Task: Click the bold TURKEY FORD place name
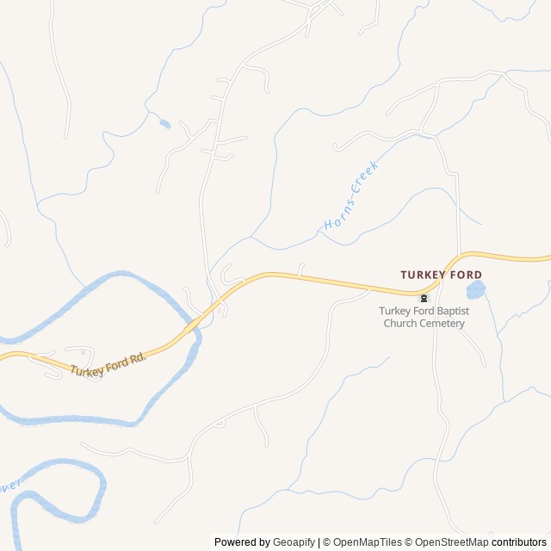(x=442, y=275)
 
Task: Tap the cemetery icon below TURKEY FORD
(x=424, y=298)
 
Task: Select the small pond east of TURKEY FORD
(x=475, y=290)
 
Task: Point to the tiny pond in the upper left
(x=164, y=123)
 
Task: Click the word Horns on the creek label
(x=335, y=219)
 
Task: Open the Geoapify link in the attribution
(x=294, y=542)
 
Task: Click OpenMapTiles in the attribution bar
(x=368, y=542)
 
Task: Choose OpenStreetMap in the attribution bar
(x=453, y=542)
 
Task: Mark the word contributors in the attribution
(x=519, y=542)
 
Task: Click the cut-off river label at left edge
(x=11, y=486)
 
